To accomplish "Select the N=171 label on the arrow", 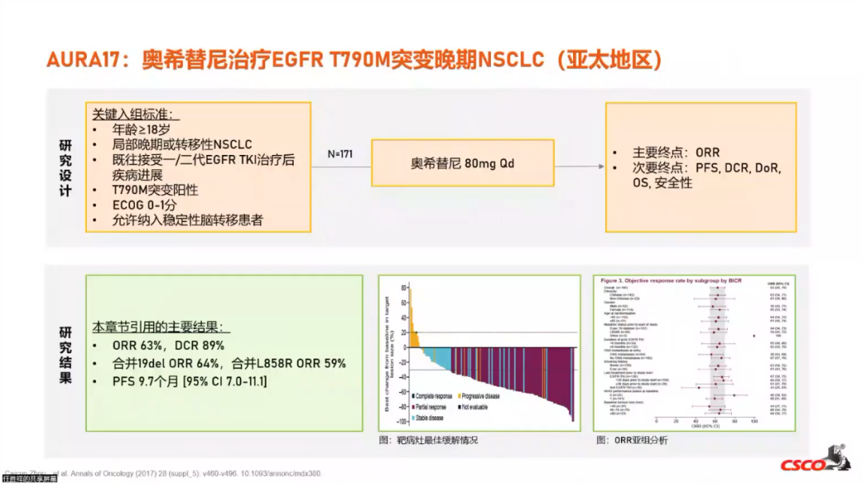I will pyautogui.click(x=340, y=153).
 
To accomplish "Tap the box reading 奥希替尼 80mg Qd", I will pyautogui.click(x=462, y=164).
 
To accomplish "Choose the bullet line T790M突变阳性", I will pyautogui.click(x=155, y=190).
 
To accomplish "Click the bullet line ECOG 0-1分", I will pyautogui.click(x=144, y=205).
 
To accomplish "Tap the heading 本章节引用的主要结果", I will pyautogui.click(x=160, y=327).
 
